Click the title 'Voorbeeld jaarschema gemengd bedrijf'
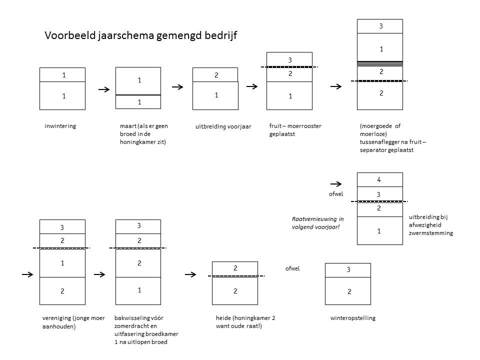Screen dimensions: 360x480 (140, 35)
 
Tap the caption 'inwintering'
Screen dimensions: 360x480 (60, 126)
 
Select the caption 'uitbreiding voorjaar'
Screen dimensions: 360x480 (223, 127)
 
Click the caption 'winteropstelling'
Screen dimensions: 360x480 (353, 318)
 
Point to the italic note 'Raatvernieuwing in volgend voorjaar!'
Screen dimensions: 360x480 (317, 223)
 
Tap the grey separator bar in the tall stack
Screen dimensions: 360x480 (380, 63)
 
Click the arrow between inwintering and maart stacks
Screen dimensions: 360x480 (104, 89)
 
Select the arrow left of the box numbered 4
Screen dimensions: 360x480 (336, 184)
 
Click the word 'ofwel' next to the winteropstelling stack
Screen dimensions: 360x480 (292, 268)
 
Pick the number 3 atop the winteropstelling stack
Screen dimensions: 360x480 (348, 269)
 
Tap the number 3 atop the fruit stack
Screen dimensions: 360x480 (289, 60)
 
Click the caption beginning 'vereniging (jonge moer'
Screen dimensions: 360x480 (74, 322)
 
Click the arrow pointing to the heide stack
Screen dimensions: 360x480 (190, 274)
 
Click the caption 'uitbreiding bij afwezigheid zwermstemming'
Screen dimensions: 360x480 (431, 225)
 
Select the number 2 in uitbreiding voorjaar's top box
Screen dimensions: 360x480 (216, 75)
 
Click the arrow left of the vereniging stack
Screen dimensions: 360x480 (27, 274)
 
